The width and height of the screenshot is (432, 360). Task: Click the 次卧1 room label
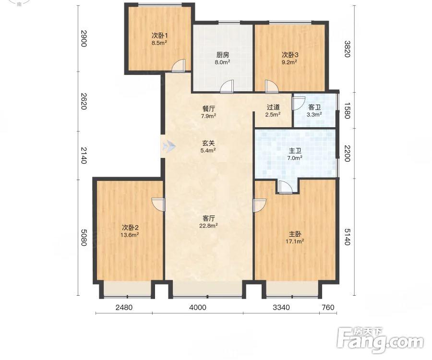tap(159, 36)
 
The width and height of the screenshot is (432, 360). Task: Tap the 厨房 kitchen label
tap(222, 55)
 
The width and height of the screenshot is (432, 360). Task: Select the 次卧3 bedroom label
tap(289, 55)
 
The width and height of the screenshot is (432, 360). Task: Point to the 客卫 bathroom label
tap(314, 108)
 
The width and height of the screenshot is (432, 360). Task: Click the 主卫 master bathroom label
tap(295, 151)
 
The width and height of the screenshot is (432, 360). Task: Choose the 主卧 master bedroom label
tap(295, 234)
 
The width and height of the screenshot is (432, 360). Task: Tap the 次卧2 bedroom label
tap(130, 228)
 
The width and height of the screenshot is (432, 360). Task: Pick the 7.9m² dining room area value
tap(209, 116)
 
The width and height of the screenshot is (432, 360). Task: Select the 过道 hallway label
tap(273, 107)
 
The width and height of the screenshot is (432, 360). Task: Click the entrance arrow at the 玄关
tap(168, 146)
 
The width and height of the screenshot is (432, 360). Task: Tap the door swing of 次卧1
tap(178, 66)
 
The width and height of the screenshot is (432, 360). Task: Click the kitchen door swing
tap(227, 86)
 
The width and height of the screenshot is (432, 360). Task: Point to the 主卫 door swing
tap(285, 187)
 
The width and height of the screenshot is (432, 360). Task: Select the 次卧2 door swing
tap(158, 204)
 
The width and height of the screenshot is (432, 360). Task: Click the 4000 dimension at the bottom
tap(198, 307)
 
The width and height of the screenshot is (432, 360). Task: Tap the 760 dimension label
tap(328, 307)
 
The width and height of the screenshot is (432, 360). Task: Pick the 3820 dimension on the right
tap(347, 49)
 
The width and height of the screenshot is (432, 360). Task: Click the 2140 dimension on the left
tap(84, 156)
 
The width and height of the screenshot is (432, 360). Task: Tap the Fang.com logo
tap(381, 340)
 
